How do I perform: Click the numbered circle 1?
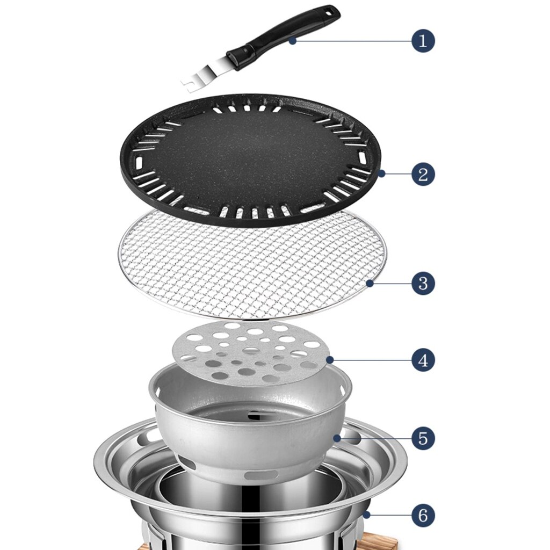[x=423, y=41]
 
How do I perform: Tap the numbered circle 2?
[x=423, y=174]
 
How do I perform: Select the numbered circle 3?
[x=423, y=283]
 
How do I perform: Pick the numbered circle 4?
[x=423, y=359]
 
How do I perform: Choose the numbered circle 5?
[x=423, y=438]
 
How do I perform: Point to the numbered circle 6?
[x=423, y=516]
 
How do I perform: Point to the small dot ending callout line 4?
[x=329, y=359]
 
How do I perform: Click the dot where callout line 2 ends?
[x=381, y=173]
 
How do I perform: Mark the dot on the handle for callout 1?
[x=292, y=40]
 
